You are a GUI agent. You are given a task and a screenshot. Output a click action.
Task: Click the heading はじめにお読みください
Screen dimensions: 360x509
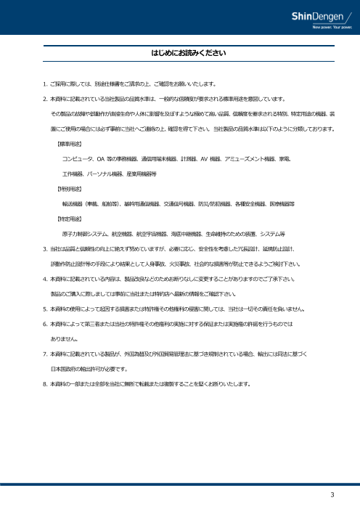click(179, 54)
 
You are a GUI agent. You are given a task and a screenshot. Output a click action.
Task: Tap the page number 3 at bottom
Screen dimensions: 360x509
click(332, 495)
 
